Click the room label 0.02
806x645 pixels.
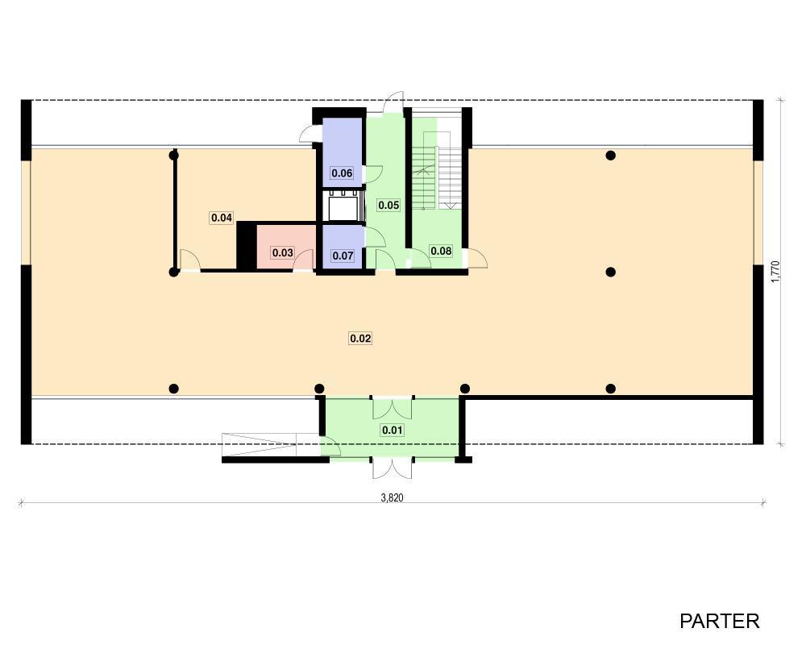point(360,339)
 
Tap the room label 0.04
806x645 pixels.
point(222,218)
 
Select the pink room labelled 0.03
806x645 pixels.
point(286,247)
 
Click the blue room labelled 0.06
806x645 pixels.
point(342,152)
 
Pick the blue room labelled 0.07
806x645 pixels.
point(343,247)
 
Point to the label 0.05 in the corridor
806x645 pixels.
point(388,206)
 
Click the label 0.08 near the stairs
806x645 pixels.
point(441,251)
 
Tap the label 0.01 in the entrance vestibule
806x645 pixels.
point(392,430)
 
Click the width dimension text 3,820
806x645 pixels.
point(392,497)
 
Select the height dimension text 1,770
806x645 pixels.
point(775,272)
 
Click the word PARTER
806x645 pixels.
point(719,622)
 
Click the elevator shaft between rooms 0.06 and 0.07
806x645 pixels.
point(343,206)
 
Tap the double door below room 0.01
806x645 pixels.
point(393,468)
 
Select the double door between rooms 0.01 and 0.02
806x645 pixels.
point(393,407)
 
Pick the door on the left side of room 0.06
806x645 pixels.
point(310,133)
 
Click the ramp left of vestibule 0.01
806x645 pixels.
point(259,444)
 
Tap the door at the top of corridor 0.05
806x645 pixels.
point(393,102)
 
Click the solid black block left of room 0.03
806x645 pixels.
point(246,245)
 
